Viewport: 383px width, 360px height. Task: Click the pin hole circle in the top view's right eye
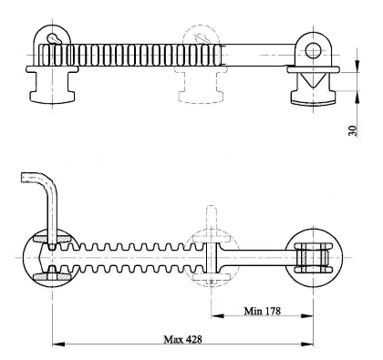[315, 49]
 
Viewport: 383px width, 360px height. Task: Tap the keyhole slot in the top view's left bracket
[56, 38]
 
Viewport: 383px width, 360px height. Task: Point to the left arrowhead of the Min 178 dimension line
[215, 318]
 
